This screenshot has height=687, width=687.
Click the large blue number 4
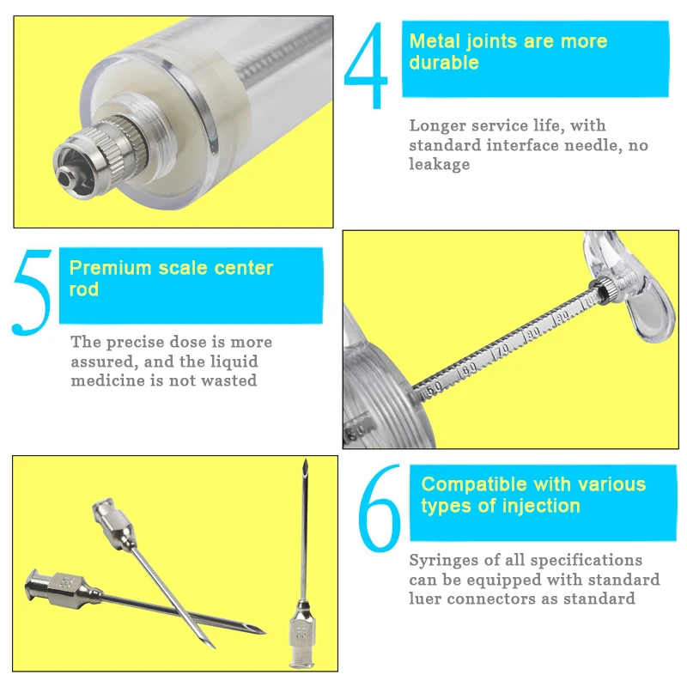pyautogui.click(x=367, y=66)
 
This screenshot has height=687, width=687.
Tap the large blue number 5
pyautogui.click(x=32, y=292)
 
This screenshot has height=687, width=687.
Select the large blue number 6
pyautogui.click(x=380, y=508)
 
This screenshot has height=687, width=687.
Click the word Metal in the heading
pyautogui.click(x=435, y=41)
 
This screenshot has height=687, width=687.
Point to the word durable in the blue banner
pyautogui.click(x=444, y=63)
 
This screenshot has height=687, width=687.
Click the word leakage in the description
pyautogui.click(x=439, y=164)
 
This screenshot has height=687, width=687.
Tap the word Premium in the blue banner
pyautogui.click(x=111, y=268)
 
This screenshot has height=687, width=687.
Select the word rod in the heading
pyautogui.click(x=84, y=289)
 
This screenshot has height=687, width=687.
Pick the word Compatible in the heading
pyautogui.click(x=474, y=484)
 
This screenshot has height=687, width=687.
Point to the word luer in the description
pyautogui.click(x=425, y=599)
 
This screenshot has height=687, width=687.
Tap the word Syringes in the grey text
pyautogui.click(x=446, y=561)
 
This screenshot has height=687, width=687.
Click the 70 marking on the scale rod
pyautogui.click(x=502, y=350)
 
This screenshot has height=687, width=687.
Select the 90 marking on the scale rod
pyautogui.click(x=562, y=316)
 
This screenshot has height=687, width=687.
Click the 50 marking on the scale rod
pyautogui.click(x=434, y=389)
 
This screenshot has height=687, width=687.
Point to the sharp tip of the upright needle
pyautogui.click(x=306, y=461)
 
